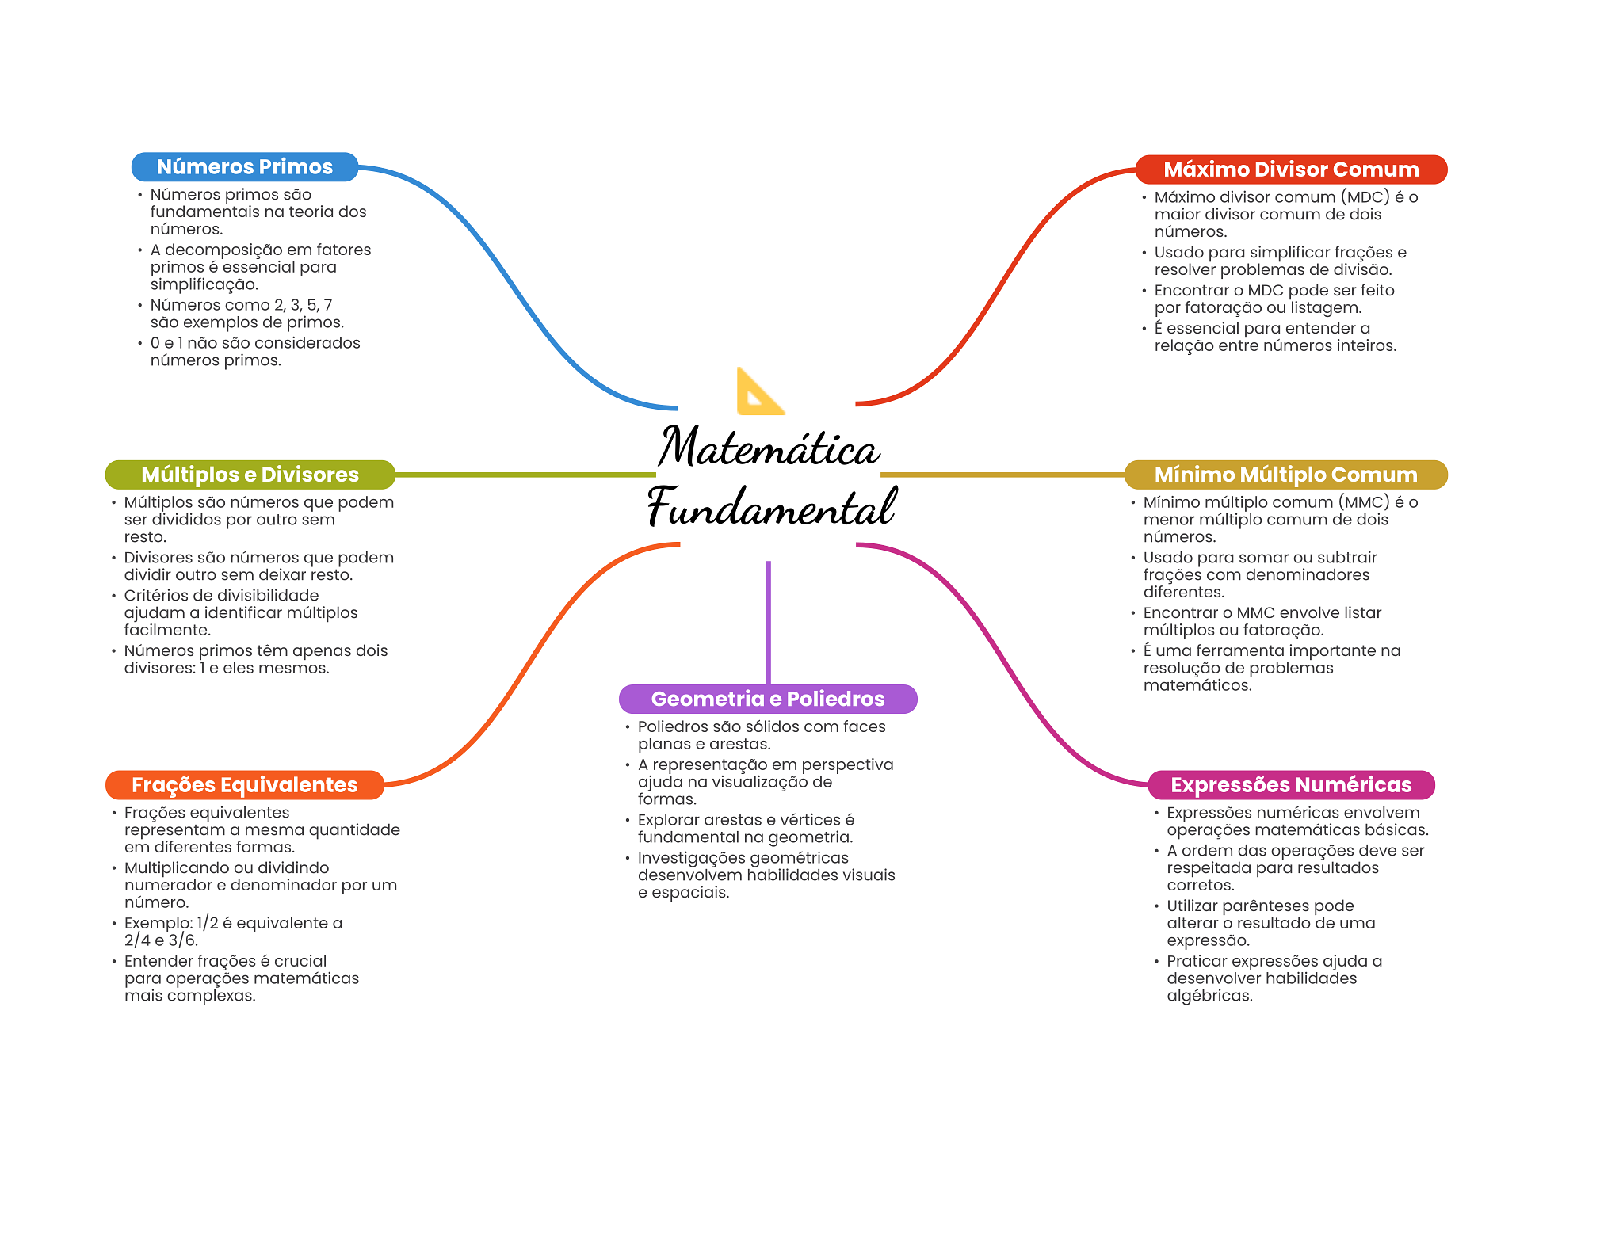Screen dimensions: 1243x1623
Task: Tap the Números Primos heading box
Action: [244, 167]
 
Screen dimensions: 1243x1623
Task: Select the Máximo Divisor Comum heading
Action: [1290, 170]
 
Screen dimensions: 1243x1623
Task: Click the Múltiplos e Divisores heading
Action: [250, 475]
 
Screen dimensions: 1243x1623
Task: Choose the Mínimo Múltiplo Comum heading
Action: [1285, 475]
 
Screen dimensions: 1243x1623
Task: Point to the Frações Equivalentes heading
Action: [244, 785]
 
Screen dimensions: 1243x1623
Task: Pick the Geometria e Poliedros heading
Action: [767, 699]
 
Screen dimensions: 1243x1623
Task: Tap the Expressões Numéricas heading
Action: [1290, 785]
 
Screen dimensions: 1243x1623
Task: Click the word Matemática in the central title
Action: [769, 448]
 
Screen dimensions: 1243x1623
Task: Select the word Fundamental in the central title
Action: [771, 508]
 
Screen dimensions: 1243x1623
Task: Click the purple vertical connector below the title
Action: [768, 622]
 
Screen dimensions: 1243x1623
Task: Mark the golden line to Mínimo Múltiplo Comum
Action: [1002, 475]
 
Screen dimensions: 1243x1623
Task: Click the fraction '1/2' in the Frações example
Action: [208, 923]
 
